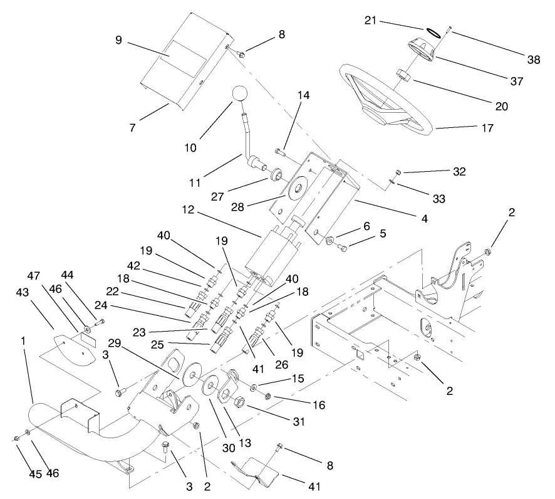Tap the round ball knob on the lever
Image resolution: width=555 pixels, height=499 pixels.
[x=241, y=94]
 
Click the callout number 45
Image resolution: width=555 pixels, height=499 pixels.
[x=18, y=474]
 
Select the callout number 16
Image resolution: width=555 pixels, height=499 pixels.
[x=319, y=406]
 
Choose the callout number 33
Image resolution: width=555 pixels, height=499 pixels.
[x=438, y=199]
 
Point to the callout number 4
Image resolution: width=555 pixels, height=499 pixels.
[x=425, y=219]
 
